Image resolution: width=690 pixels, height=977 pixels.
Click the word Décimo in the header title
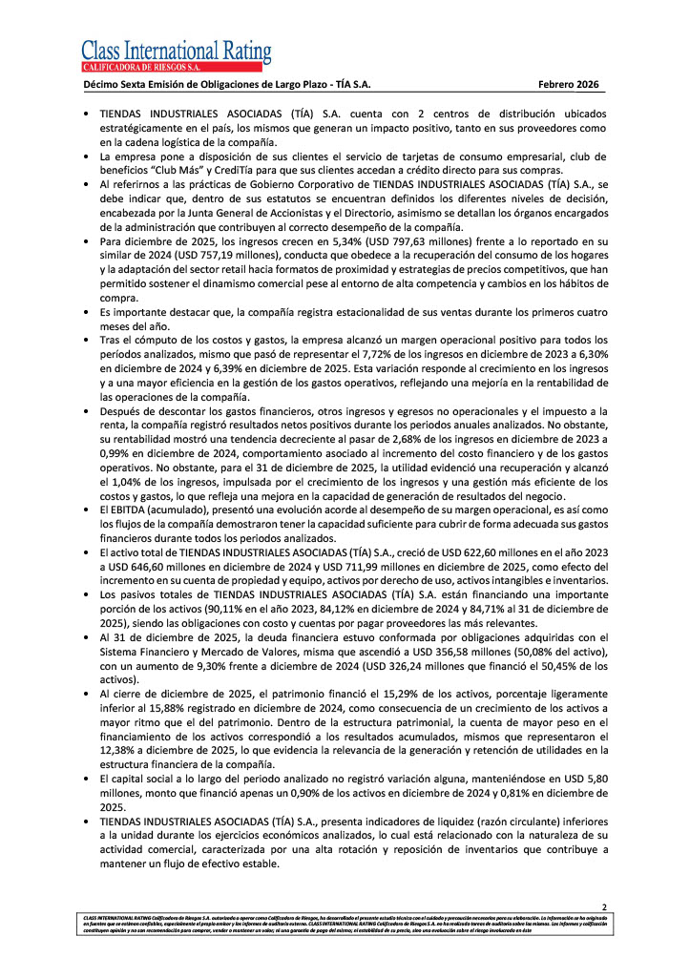click(x=103, y=85)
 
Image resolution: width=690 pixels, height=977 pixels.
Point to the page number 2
click(x=603, y=905)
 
